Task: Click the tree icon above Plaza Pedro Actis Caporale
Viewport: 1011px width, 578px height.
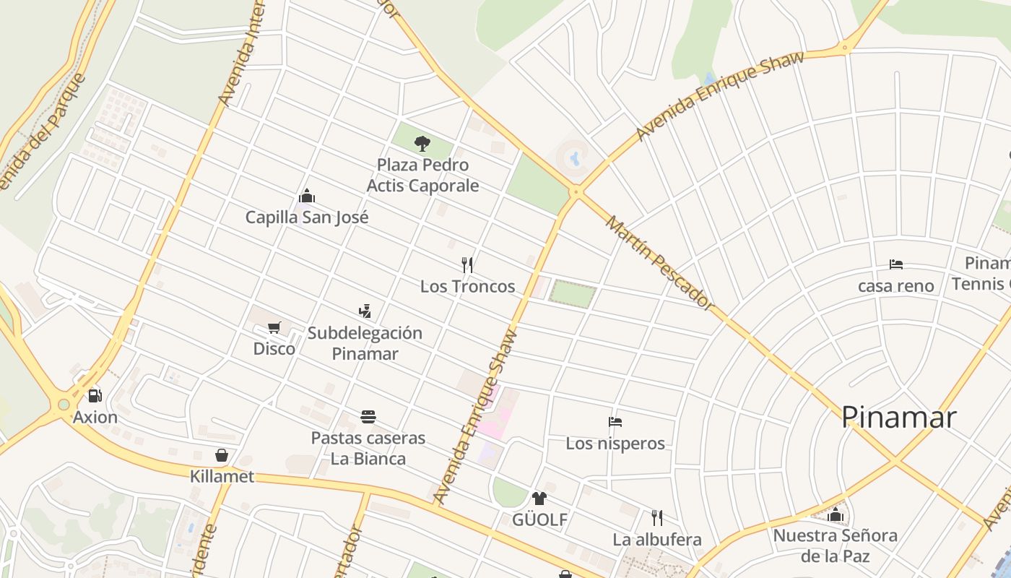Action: click(x=422, y=143)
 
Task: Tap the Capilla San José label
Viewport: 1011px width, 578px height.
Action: click(x=307, y=217)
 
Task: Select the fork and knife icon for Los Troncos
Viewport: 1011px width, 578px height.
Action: click(x=467, y=265)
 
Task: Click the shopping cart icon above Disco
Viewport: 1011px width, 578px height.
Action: click(x=274, y=328)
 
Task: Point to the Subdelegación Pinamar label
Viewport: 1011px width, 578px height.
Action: click(x=365, y=343)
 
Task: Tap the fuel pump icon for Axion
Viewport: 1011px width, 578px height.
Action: click(x=95, y=396)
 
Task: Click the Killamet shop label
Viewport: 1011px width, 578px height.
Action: click(x=222, y=476)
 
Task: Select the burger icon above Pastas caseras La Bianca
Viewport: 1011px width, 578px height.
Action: click(x=368, y=417)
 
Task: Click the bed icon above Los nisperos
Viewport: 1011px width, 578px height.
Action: click(x=615, y=422)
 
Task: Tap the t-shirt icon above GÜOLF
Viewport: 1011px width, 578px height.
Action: click(x=539, y=499)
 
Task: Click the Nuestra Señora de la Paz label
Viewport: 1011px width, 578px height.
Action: click(x=836, y=545)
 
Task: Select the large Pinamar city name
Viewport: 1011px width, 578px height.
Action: click(x=899, y=417)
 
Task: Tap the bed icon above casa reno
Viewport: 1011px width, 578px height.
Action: click(x=896, y=264)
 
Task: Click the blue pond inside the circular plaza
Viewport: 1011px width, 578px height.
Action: click(x=575, y=157)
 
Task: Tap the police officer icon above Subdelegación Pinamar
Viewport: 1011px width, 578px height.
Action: click(x=365, y=311)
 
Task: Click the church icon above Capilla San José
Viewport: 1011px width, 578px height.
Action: click(x=307, y=196)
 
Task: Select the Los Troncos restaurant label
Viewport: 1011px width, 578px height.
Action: click(x=467, y=286)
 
